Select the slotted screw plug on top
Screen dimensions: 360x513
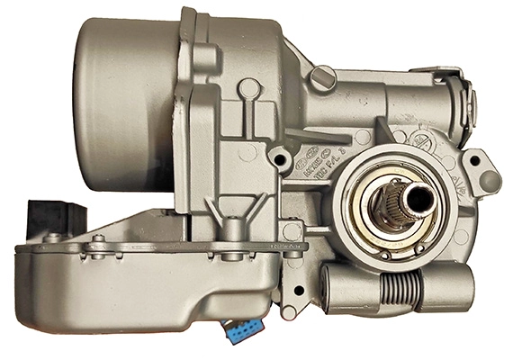[321, 79]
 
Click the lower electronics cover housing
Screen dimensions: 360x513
[135, 288]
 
